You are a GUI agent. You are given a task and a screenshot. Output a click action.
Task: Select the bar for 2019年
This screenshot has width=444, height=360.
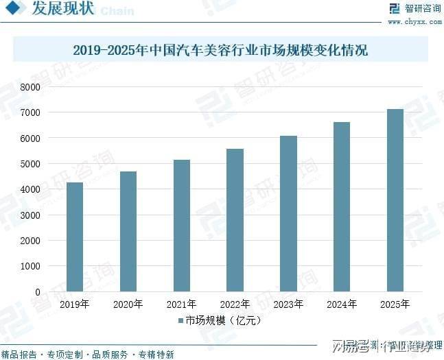point(75,237)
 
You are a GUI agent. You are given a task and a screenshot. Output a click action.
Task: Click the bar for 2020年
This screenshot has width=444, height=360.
point(128,231)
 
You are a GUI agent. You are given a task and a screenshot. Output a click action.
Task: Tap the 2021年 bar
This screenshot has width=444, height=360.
point(182,226)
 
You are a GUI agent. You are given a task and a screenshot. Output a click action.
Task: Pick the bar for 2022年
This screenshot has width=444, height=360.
point(235,220)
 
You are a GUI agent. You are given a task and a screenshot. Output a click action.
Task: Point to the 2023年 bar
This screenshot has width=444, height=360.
point(288,213)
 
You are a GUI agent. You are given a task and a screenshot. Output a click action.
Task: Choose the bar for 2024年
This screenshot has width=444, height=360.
point(341,206)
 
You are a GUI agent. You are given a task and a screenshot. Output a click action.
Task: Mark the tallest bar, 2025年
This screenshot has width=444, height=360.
point(395,200)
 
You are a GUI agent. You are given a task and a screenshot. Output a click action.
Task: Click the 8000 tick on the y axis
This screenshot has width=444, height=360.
point(30,87)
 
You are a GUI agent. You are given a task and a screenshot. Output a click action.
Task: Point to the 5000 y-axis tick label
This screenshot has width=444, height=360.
point(30,164)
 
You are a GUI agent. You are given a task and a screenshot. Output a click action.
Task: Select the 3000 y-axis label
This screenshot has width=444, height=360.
point(30,215)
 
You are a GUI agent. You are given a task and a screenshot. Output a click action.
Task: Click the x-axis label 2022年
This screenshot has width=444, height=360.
point(235,304)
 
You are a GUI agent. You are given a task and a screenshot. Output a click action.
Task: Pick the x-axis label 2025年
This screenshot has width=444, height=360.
point(395,304)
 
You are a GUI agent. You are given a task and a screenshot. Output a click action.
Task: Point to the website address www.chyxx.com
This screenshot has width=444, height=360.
point(414,22)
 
